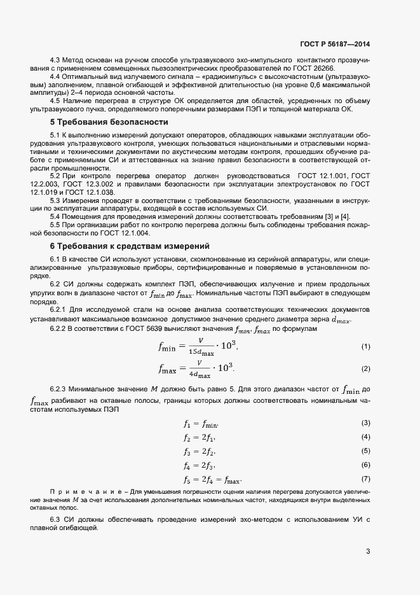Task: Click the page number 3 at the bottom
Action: tap(368, 551)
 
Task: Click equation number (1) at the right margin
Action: tap(365, 347)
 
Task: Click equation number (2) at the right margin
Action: tap(365, 369)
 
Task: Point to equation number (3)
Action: tap(365, 423)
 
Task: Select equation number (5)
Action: tap(365, 451)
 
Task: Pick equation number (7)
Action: tap(365, 479)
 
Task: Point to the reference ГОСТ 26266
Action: tap(324, 69)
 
